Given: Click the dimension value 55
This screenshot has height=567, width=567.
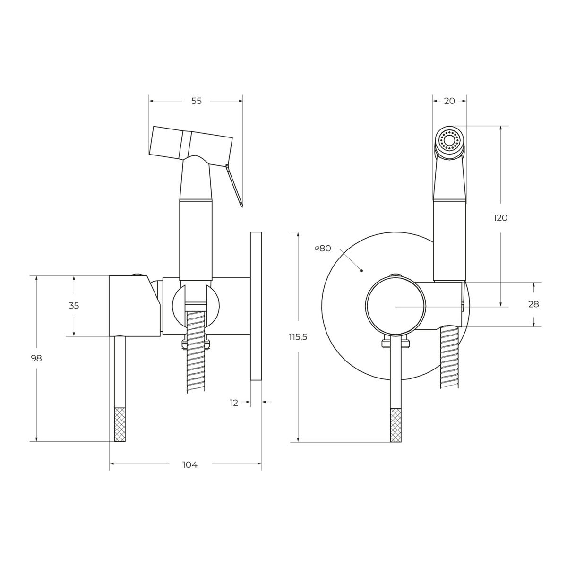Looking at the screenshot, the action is [196, 101].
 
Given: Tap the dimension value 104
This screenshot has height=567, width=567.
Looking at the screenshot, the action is [190, 465].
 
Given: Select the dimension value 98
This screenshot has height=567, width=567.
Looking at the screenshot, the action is [36, 358].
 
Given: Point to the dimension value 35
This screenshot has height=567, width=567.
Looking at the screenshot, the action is [74, 306].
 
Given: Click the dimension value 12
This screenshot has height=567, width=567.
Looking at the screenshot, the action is [233, 403].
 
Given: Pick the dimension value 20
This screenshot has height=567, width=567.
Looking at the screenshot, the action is [449, 101].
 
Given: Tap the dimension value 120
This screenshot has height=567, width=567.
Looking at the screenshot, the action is [500, 218].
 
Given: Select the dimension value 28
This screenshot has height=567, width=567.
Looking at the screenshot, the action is [533, 304].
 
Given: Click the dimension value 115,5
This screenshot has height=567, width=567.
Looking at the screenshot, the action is [298, 337].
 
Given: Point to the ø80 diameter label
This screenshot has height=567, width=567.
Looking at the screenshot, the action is [323, 249].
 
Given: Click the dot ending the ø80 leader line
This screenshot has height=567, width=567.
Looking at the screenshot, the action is [361, 271].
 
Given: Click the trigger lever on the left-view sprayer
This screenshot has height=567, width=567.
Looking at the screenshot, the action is [234, 185].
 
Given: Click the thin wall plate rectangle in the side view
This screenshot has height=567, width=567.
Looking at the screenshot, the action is [256, 306].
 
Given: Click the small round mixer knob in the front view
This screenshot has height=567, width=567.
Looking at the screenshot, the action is [395, 307].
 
